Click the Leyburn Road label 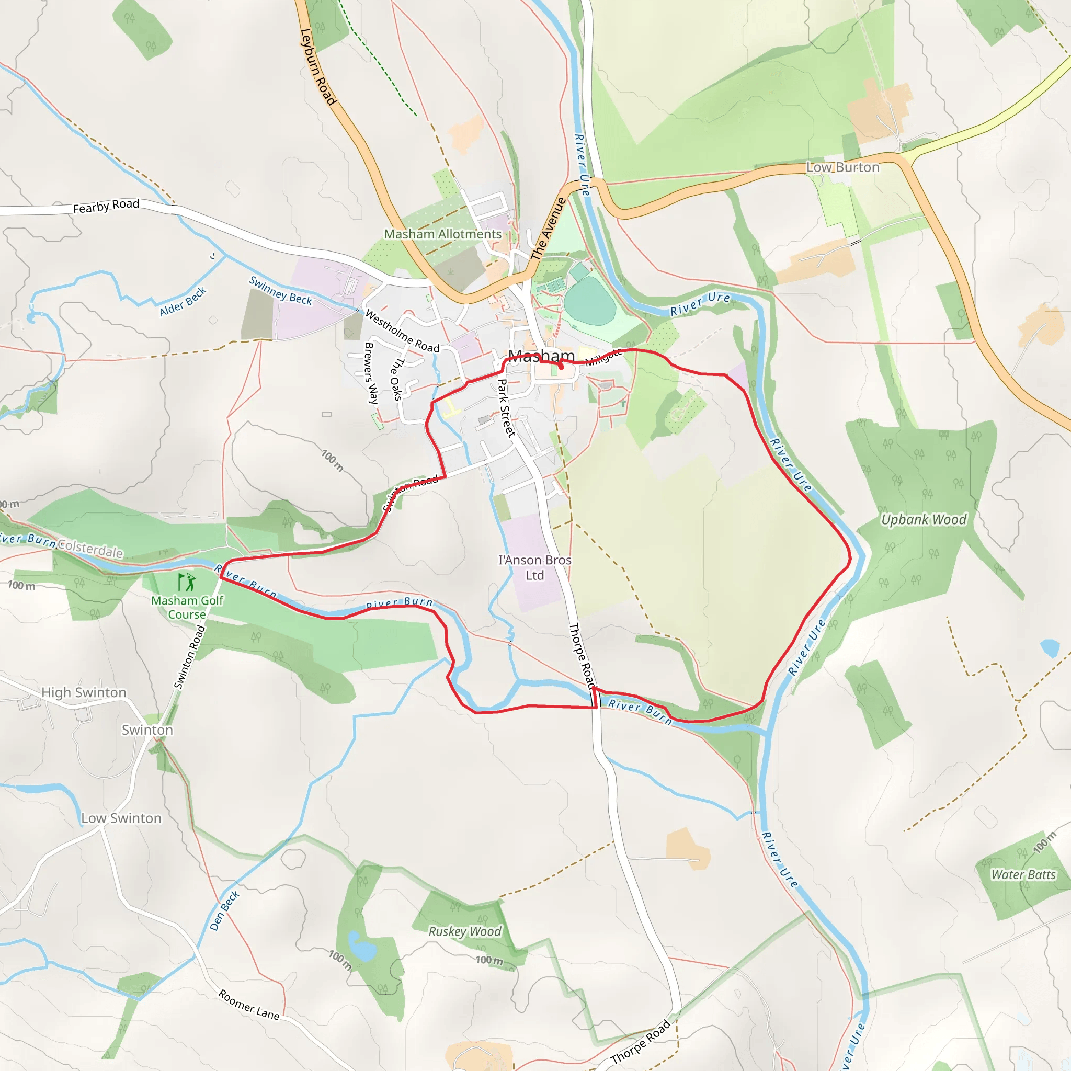[x=318, y=67]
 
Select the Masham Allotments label [x=442, y=234]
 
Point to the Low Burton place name [x=842, y=167]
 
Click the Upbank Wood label [x=924, y=519]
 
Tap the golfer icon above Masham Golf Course [x=187, y=582]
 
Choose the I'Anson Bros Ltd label [x=534, y=567]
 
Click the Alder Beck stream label [x=183, y=302]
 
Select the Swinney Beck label [x=280, y=290]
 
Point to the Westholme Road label [x=402, y=331]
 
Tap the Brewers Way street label [x=371, y=373]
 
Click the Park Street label [x=506, y=408]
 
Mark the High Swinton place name [x=84, y=692]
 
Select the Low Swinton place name [x=121, y=818]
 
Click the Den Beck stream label [x=224, y=910]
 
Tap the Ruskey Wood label [x=464, y=931]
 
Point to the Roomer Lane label [x=249, y=1004]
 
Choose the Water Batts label [x=1023, y=875]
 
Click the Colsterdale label [x=90, y=549]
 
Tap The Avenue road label [x=548, y=229]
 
